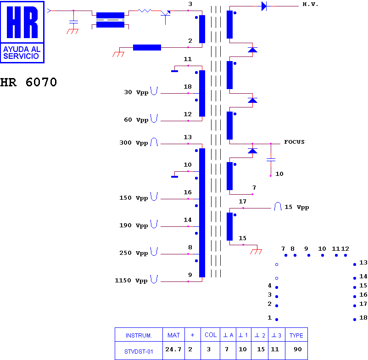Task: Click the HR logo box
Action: click(23, 32)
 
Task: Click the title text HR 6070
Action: click(28, 83)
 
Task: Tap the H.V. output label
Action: click(310, 5)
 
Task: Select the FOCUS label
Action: click(294, 142)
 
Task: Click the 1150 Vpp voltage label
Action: click(132, 281)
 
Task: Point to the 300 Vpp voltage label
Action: click(134, 143)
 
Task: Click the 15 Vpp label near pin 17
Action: click(296, 207)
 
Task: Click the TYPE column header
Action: click(296, 335)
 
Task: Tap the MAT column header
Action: click(173, 335)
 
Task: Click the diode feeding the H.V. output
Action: click(264, 6)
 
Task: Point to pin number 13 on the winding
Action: click(188, 137)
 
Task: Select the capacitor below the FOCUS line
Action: click(271, 160)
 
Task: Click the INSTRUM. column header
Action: click(138, 335)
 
